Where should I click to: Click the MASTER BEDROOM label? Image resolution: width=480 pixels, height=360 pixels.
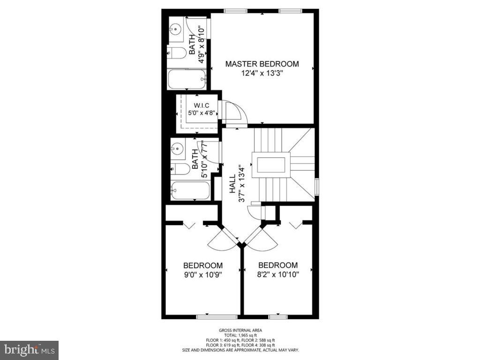pyautogui.click(x=262, y=64)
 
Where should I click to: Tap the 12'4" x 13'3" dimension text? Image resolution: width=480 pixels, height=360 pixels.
pyautogui.click(x=262, y=73)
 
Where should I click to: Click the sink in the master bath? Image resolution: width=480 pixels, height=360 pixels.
pyautogui.click(x=175, y=29)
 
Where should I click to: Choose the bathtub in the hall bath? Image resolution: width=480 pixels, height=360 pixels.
pyautogui.click(x=190, y=191)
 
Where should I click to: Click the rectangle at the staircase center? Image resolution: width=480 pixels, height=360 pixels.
pyautogui.click(x=270, y=165)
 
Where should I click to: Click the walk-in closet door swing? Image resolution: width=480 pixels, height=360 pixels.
pyautogui.click(x=233, y=112)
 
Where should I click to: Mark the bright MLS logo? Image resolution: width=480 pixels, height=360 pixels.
pyautogui.click(x=29, y=350)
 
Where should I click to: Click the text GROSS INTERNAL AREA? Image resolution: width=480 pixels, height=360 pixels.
pyautogui.click(x=240, y=330)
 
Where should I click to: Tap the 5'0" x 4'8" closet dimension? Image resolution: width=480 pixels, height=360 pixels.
pyautogui.click(x=201, y=112)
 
